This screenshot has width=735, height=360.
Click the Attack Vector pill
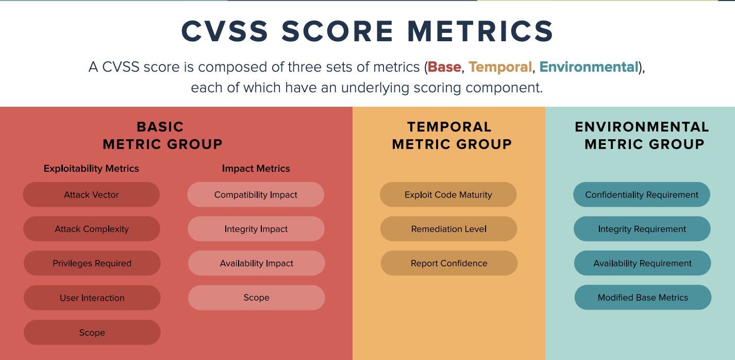tap(91, 194)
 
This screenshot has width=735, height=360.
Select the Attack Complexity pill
tap(92, 229)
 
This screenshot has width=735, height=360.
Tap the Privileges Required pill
tap(92, 263)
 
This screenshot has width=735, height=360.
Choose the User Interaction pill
tap(92, 298)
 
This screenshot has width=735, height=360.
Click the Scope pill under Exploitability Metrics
tap(92, 333)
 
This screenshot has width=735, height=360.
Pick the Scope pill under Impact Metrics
tap(256, 298)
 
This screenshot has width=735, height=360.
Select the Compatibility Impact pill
tap(256, 194)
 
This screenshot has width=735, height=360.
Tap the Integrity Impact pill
tap(256, 229)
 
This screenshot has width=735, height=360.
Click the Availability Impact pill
tap(256, 263)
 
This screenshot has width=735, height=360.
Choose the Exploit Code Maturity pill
tap(448, 194)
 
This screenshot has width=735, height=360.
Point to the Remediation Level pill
tap(448, 229)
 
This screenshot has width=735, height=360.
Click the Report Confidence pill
tap(448, 263)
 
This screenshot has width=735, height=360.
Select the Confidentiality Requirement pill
tap(642, 194)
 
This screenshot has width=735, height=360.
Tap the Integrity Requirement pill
tap(642, 229)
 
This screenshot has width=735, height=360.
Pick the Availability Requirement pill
tap(642, 263)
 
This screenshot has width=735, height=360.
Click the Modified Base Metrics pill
tap(643, 298)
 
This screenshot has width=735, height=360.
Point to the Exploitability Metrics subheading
tap(91, 169)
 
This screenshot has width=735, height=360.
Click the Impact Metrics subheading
tap(256, 169)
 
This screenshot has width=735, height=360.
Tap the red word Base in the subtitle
tap(444, 67)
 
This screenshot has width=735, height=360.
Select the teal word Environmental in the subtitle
tap(589, 67)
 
